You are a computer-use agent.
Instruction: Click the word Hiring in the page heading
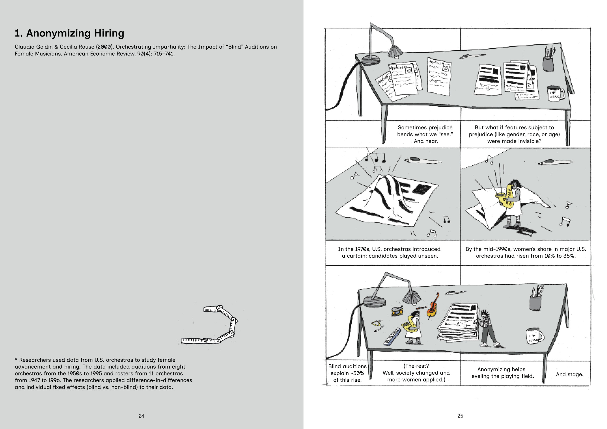[x=109, y=33]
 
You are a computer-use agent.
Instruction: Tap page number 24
[x=142, y=416]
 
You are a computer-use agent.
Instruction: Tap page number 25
[x=460, y=416]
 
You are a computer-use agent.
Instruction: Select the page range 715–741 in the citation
[x=164, y=54]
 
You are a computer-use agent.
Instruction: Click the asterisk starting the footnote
[x=16, y=360]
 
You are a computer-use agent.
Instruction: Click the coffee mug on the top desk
[x=555, y=93]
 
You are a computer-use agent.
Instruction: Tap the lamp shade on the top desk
[x=395, y=51]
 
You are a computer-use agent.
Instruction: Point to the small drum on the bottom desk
[x=397, y=311]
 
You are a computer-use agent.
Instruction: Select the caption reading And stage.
[x=569, y=374]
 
